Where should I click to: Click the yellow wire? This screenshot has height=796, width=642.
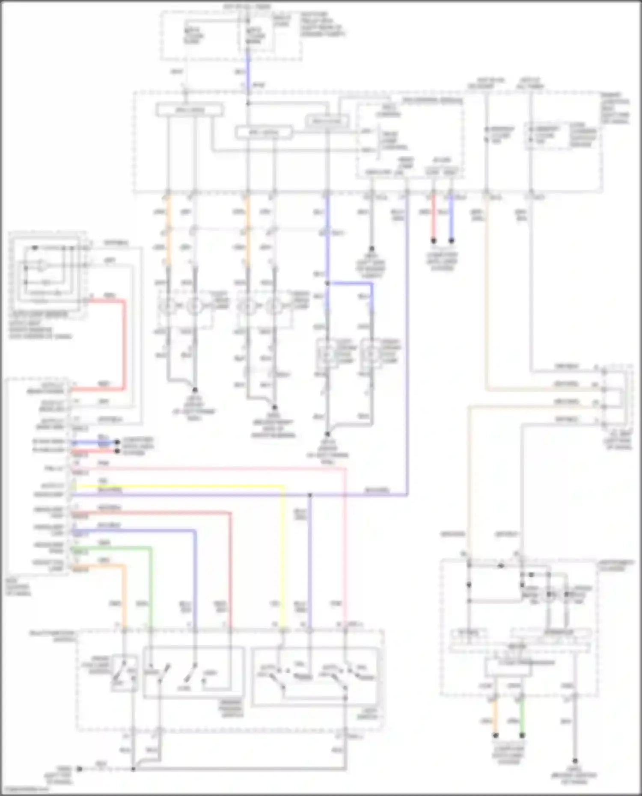(180, 486)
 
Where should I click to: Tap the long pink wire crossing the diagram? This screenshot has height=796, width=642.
(214, 469)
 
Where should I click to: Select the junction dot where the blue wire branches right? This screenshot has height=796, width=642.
(327, 283)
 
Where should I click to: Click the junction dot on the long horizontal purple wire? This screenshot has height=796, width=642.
(310, 495)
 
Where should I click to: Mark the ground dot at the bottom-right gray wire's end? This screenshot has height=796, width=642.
(575, 761)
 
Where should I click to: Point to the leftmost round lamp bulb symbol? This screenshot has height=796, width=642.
(167, 306)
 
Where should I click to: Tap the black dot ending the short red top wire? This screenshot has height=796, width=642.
(433, 241)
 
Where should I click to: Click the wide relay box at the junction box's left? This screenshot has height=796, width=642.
(190, 110)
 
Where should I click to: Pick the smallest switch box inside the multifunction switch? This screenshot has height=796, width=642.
(124, 673)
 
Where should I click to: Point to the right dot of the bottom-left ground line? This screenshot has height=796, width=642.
(133, 769)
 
